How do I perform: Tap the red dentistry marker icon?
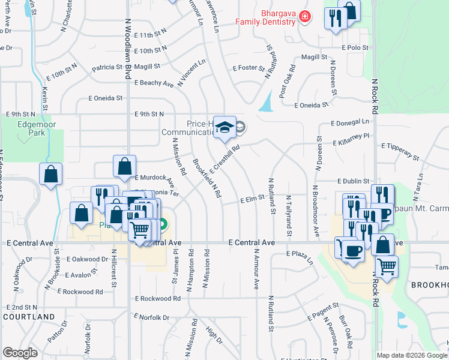[x=305, y=16]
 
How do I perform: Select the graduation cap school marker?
[x=224, y=128]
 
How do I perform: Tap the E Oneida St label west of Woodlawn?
[x=105, y=98]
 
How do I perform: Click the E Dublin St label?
[x=354, y=181]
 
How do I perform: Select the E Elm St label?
[x=253, y=199]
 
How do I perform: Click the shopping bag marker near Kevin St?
[x=51, y=175]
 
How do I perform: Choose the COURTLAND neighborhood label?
[x=29, y=316]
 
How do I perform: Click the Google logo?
[x=20, y=353]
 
